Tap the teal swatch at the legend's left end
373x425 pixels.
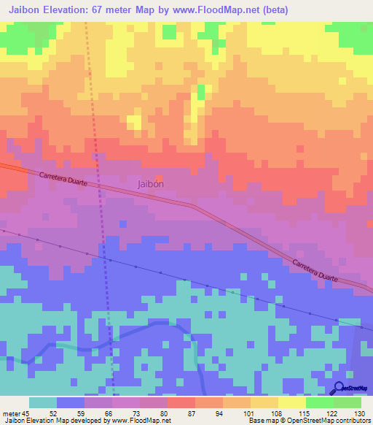point(42,402)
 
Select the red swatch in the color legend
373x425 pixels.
point(181,402)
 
